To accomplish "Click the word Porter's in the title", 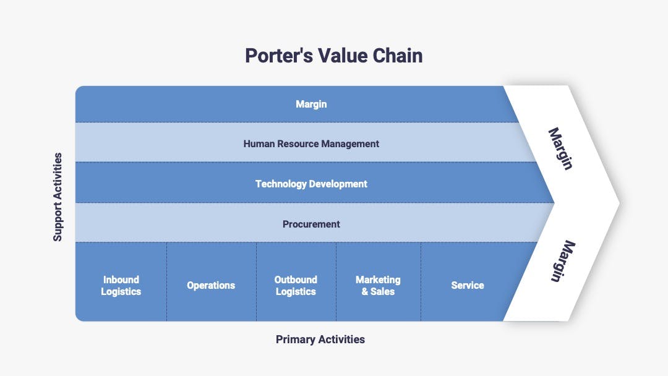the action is [x=279, y=56].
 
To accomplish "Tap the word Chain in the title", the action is [x=398, y=56].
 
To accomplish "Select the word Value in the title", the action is [x=343, y=56].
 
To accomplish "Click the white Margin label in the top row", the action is [x=311, y=104].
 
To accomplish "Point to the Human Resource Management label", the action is [x=311, y=144].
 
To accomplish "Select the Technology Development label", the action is [x=311, y=184].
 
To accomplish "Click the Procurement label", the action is [x=311, y=224].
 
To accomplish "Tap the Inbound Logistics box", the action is [x=121, y=281].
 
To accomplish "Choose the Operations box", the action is [x=212, y=281].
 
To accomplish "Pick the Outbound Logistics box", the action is [x=296, y=281].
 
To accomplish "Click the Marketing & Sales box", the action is [x=379, y=281].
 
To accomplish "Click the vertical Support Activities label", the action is [x=58, y=197].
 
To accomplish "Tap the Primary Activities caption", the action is [x=320, y=340].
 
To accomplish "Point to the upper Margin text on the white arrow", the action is [x=560, y=148].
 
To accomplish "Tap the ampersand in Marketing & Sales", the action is [x=365, y=292].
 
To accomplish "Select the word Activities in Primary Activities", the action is [x=341, y=340].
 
